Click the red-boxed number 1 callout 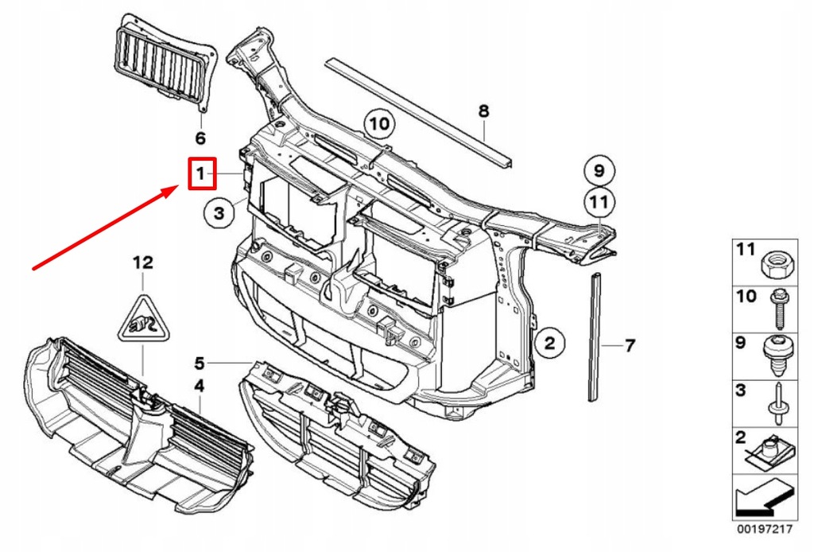pyautogui.click(x=202, y=173)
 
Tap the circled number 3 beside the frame pyautogui.click(x=219, y=212)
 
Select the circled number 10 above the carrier pyautogui.click(x=380, y=123)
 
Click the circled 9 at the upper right pyautogui.click(x=599, y=170)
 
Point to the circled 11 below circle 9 pyautogui.click(x=599, y=204)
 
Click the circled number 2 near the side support pyautogui.click(x=549, y=344)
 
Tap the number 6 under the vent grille pyautogui.click(x=200, y=138)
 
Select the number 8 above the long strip pyautogui.click(x=483, y=111)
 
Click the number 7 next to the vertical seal pyautogui.click(x=629, y=346)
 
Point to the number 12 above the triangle pyautogui.click(x=142, y=262)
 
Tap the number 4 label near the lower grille pyautogui.click(x=200, y=386)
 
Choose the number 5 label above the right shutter pyautogui.click(x=200, y=363)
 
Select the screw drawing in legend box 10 pyautogui.click(x=777, y=307)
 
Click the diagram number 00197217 pyautogui.click(x=764, y=528)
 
